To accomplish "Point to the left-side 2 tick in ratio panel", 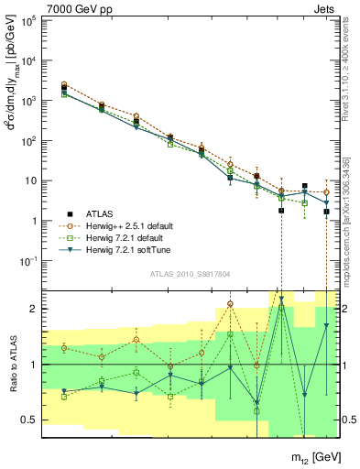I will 34,309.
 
